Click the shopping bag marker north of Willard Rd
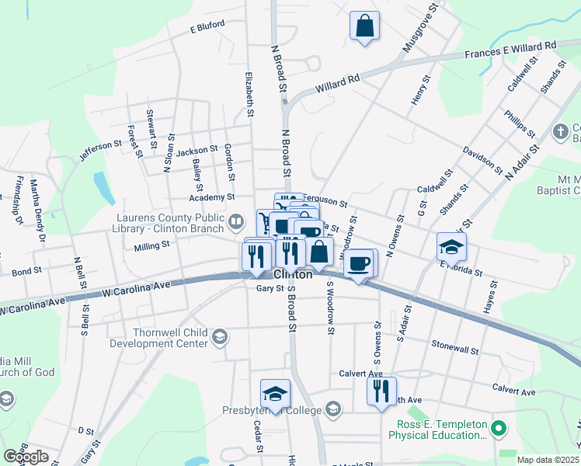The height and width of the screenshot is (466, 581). tap(364, 26)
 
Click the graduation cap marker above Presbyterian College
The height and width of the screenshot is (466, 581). tap(275, 394)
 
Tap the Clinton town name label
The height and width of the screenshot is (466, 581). tap(293, 275)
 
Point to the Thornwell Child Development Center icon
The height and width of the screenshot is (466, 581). tap(220, 336)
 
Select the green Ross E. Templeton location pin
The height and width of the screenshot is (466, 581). tap(499, 427)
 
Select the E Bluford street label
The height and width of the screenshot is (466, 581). tap(207, 26)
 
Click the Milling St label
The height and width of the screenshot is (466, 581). tap(151, 245)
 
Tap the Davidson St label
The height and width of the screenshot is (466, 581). tap(483, 155)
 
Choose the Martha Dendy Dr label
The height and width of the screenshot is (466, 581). tap(37, 210)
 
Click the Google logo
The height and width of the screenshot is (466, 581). tap(26, 457)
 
